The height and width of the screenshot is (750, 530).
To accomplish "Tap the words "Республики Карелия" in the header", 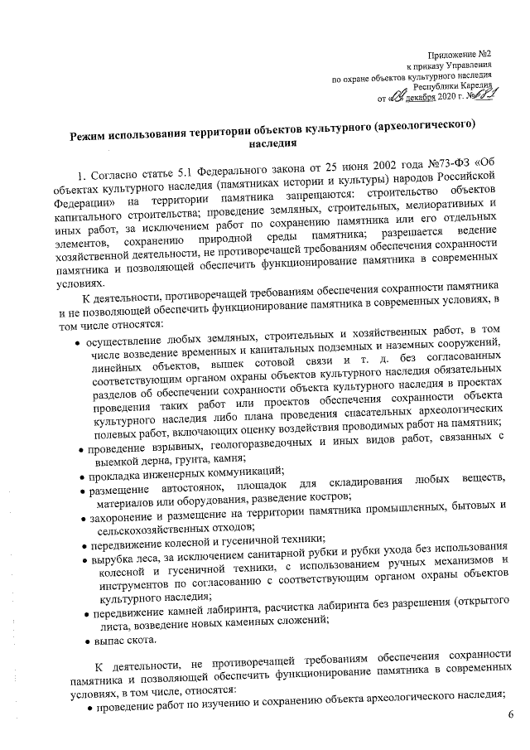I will [x=453, y=85].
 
